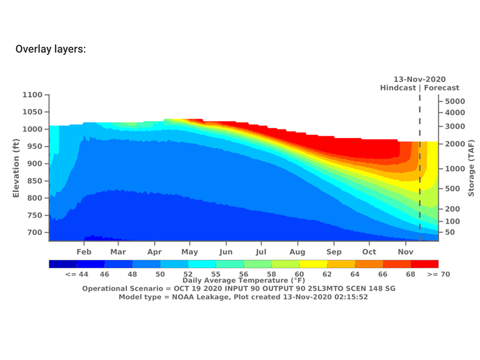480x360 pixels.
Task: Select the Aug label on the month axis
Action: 297,252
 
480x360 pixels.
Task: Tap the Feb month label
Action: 84,252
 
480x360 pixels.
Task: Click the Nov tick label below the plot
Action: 405,252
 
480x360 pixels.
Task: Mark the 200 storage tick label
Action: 452,209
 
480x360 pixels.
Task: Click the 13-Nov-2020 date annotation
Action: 420,79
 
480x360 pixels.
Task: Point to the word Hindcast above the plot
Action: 398,87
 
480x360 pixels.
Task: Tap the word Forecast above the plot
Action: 442,87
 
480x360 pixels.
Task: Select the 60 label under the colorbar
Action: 299,274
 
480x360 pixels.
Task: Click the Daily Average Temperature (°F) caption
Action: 243,281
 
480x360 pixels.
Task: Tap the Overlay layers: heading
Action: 51,49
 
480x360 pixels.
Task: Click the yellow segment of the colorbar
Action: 313,264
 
